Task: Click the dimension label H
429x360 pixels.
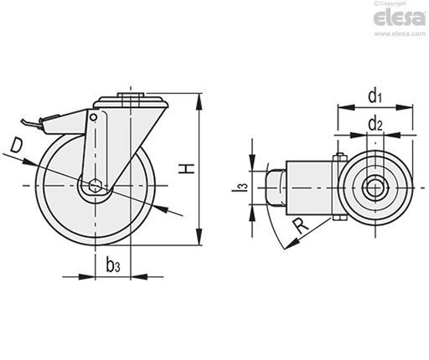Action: [186, 169]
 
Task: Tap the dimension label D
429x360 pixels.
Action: [16, 146]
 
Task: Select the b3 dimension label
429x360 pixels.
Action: [113, 265]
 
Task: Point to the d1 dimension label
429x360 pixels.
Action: [375, 96]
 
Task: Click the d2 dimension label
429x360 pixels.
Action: [375, 124]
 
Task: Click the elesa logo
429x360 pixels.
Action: [399, 18]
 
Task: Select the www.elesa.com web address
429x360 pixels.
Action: [400, 33]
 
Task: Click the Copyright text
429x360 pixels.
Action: [390, 3]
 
